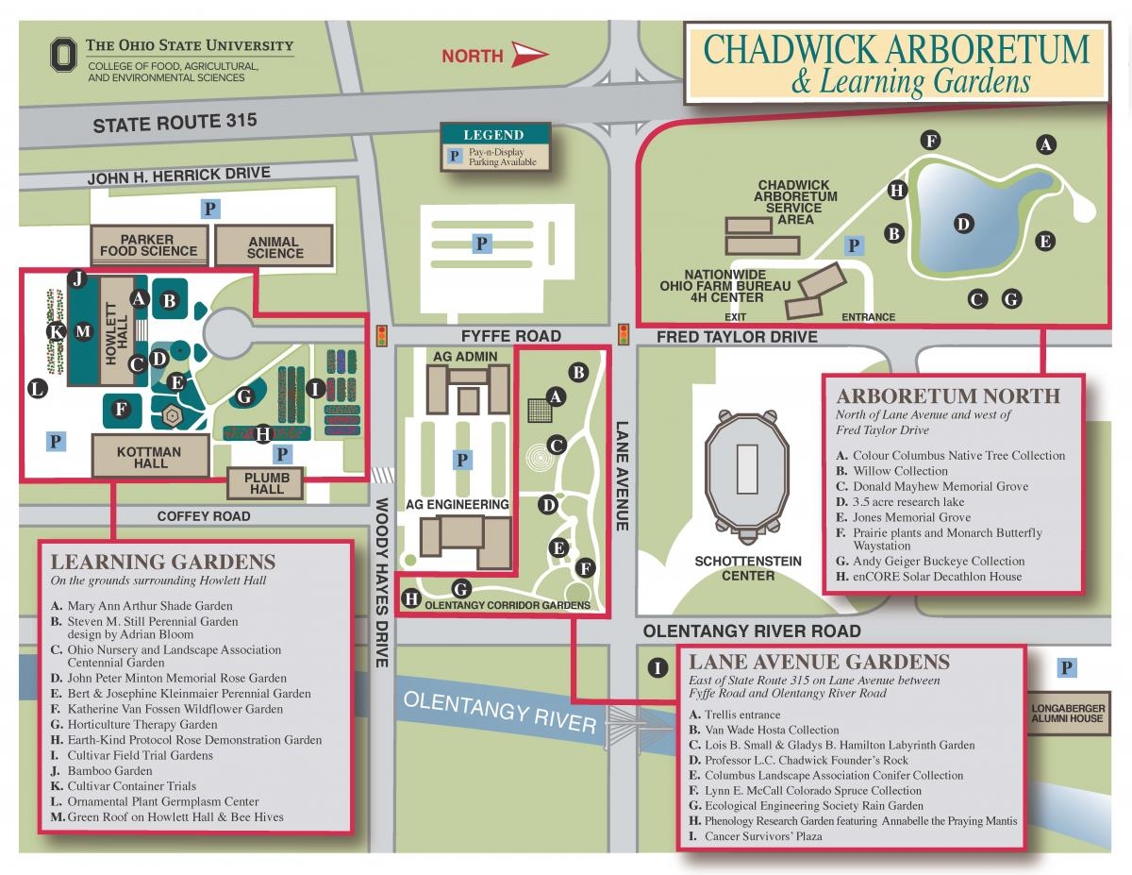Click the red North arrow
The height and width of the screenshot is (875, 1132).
[x=530, y=55]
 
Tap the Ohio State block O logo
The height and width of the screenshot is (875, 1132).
[x=63, y=56]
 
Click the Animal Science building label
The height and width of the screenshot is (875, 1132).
[x=275, y=246]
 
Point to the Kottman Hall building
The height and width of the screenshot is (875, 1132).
[x=150, y=457]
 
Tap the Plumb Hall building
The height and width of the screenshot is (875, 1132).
[x=267, y=483]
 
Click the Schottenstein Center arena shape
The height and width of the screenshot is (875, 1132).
[x=747, y=469]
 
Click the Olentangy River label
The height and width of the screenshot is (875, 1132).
[x=499, y=712]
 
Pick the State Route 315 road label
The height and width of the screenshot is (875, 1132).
[x=175, y=122]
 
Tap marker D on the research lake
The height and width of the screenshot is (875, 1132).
[x=963, y=224]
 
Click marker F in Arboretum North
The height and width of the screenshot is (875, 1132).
[x=931, y=142]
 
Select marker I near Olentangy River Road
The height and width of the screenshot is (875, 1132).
[x=657, y=668]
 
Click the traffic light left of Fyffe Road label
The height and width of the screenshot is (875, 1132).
[x=382, y=335]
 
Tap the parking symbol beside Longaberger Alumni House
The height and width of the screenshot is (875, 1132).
[x=1067, y=668]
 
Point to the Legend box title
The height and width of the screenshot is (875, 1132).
[x=493, y=135]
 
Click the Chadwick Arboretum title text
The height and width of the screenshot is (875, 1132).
[x=896, y=49]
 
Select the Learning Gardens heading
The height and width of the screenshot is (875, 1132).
[x=163, y=562]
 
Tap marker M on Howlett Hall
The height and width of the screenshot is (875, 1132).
[x=83, y=330]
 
